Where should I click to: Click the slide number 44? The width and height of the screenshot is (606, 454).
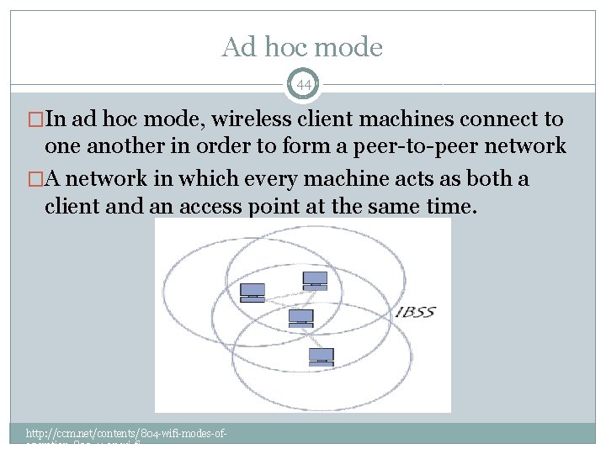click(303, 84)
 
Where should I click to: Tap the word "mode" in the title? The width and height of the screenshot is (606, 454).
click(352, 48)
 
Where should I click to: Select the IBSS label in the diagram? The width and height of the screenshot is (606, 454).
click(416, 313)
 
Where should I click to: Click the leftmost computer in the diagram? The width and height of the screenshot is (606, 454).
click(252, 293)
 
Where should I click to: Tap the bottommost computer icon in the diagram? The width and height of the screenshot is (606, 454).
click(321, 356)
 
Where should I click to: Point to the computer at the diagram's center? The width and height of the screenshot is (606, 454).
click(300, 319)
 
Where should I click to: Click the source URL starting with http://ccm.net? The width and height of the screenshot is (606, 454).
click(127, 433)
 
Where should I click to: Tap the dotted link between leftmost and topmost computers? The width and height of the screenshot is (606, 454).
click(284, 290)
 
